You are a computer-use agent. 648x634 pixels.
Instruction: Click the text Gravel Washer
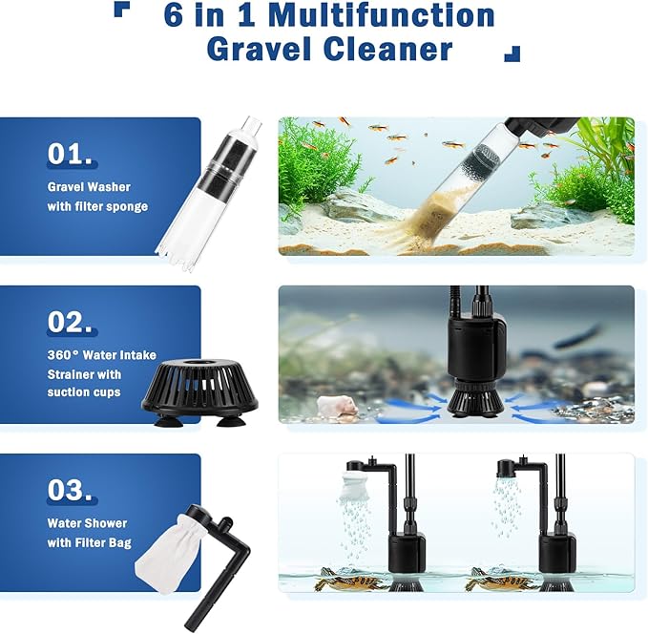click(x=89, y=187)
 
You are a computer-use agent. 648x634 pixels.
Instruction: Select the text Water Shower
click(x=87, y=523)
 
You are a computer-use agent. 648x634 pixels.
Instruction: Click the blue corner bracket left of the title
click(x=120, y=10)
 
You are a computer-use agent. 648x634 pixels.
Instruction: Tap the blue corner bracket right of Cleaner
click(x=512, y=54)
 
